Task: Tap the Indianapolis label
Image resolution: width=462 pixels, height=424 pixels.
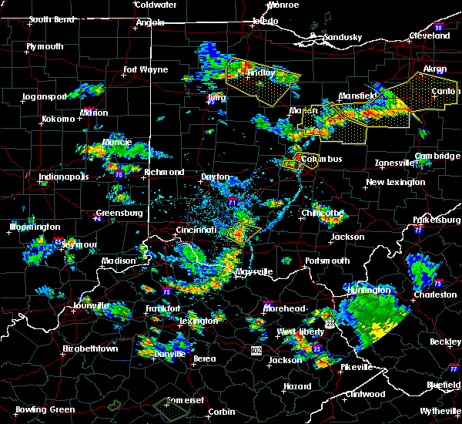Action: [64, 177]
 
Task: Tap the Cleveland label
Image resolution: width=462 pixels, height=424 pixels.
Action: [429, 35]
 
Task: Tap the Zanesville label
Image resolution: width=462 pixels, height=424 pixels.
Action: [395, 163]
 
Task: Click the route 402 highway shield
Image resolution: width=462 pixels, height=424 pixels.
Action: [255, 350]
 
